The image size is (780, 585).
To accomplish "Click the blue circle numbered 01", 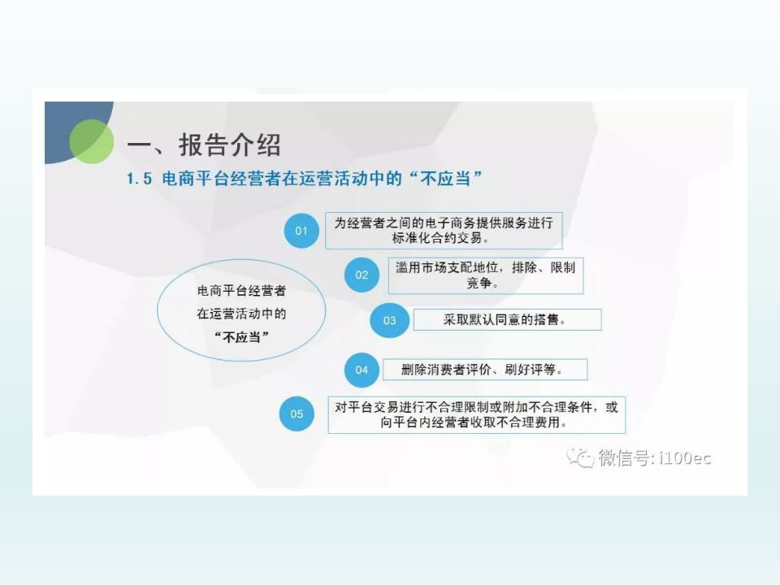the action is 301,231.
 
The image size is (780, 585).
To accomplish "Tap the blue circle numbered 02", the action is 362,275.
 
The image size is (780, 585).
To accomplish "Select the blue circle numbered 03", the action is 389,320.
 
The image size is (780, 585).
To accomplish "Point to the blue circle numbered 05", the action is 297,414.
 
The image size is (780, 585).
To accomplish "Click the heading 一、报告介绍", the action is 204,145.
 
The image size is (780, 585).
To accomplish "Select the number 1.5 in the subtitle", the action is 139,179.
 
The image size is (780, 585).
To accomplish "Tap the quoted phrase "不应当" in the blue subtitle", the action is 446,178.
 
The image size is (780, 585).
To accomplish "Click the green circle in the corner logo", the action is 92,141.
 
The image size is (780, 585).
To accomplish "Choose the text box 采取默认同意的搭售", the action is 507,319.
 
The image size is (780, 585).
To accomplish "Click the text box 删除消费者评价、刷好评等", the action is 485,370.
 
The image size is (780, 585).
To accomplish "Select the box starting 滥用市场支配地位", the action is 486,275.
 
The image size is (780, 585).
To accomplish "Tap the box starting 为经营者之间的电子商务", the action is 444,231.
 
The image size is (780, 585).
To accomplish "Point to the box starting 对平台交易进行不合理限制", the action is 477,415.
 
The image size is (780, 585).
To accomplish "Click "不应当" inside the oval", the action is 242,337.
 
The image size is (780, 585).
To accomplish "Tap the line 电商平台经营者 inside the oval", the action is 242,291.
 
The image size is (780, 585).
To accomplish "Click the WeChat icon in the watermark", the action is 580,457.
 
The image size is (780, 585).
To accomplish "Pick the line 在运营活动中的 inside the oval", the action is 242,314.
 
